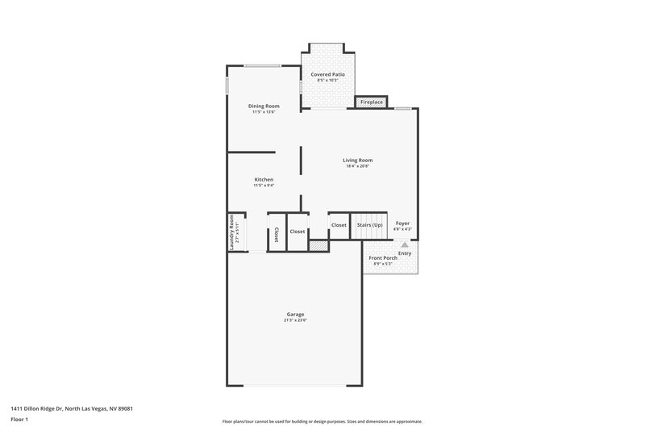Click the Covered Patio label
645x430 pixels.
point(328,74)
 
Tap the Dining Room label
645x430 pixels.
point(264,106)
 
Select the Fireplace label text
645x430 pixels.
point(372,102)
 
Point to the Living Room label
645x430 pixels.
point(357,160)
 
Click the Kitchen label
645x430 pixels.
point(264,179)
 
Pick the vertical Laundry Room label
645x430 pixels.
point(232,232)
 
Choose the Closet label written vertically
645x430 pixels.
point(276,234)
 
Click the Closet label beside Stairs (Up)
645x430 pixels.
point(339,225)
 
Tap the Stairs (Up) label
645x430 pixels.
point(370,225)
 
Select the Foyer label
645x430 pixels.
point(402,223)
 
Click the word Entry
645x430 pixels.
point(405,253)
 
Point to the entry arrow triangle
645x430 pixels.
point(405,244)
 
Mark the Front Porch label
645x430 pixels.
point(383,258)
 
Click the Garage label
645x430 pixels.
point(295,314)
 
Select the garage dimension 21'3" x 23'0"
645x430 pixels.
point(295,320)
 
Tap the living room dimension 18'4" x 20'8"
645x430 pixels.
point(357,166)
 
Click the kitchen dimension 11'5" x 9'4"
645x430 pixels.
point(264,186)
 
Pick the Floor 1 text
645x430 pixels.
point(19,420)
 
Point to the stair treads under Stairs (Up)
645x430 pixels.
point(370,236)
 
